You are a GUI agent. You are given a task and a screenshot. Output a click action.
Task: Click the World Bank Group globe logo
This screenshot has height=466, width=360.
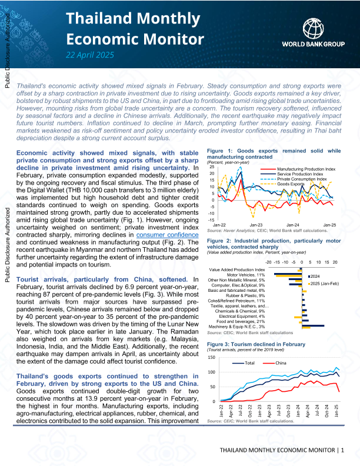[313, 28]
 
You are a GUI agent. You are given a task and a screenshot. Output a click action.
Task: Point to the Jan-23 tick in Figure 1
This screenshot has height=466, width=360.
[256, 225]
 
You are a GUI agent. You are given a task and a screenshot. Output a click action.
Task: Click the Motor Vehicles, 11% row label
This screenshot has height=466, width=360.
[246, 274]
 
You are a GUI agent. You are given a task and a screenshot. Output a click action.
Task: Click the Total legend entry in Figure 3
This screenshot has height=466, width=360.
[249, 362]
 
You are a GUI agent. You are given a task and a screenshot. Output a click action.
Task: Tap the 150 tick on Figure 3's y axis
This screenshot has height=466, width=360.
[212, 358]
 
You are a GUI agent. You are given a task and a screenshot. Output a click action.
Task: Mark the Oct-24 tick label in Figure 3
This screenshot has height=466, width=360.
[327, 410]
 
